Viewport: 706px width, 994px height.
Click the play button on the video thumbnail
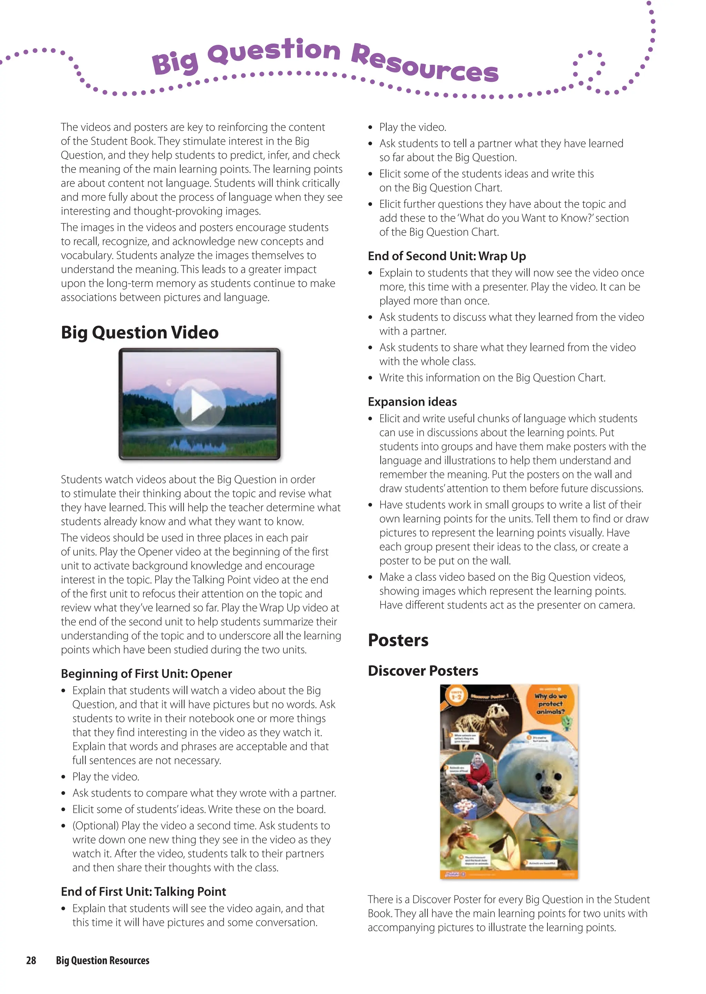point(200,405)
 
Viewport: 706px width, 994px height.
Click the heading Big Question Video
point(140,332)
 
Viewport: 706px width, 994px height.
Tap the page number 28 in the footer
point(31,961)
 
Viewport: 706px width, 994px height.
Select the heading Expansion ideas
point(412,402)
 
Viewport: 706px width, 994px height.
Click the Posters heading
point(398,640)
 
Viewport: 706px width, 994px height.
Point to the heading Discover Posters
point(423,671)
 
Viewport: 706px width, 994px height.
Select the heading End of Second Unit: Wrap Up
point(446,256)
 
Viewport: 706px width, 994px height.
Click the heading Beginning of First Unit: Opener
point(146,673)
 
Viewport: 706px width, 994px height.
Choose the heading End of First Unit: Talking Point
point(143,891)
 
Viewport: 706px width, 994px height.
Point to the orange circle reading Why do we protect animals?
point(551,703)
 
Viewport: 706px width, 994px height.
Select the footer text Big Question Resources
point(103,961)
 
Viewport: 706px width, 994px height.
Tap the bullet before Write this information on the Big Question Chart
point(370,378)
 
